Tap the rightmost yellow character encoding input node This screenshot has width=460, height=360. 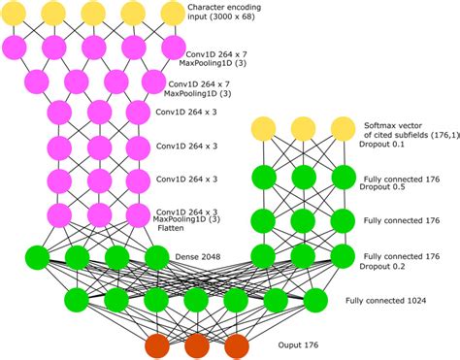coord(172,13)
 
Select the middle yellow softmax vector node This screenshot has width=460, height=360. coord(302,129)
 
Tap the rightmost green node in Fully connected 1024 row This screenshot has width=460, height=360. coord(313,297)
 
